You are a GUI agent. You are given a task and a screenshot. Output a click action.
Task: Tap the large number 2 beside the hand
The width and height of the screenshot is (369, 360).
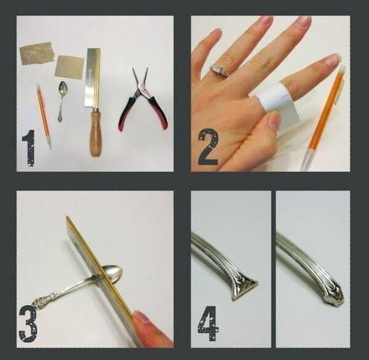click(x=208, y=147)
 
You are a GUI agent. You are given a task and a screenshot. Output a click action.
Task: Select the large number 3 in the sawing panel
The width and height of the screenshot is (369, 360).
click(x=28, y=324)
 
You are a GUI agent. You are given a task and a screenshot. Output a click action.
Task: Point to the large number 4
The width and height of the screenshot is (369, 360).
click(x=208, y=323)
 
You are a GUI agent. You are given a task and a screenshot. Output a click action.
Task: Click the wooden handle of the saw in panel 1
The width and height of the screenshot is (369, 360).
click(x=95, y=133)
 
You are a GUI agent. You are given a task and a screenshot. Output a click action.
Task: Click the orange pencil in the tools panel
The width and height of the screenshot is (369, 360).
click(x=44, y=116)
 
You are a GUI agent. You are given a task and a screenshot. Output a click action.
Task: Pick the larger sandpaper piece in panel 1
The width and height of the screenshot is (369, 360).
click(x=36, y=53)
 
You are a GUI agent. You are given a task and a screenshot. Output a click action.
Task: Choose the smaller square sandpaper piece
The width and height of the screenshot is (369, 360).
click(x=69, y=66)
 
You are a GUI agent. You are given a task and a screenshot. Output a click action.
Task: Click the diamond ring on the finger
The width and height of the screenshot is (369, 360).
click(x=220, y=70)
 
